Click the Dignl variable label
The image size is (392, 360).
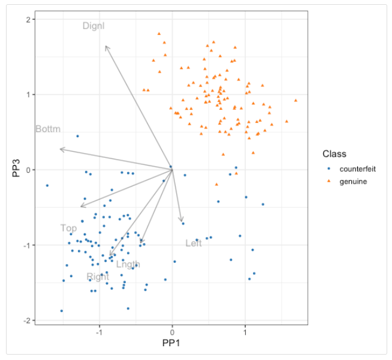[94, 26]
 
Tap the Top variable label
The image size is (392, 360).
[68, 228]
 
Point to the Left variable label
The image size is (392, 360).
[194, 243]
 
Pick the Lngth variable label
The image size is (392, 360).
[128, 264]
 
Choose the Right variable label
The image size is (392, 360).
[98, 277]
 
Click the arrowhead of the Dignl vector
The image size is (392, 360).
[105, 46]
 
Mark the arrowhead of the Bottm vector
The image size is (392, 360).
[61, 149]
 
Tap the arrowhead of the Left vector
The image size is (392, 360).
[182, 222]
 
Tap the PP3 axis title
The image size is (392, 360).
[16, 169]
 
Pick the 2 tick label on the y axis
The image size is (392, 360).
[28, 19]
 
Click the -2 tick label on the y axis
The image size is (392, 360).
[26, 320]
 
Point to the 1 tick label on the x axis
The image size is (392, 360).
[245, 331]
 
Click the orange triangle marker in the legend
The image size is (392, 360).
[328, 181]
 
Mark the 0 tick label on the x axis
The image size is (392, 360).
[173, 331]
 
